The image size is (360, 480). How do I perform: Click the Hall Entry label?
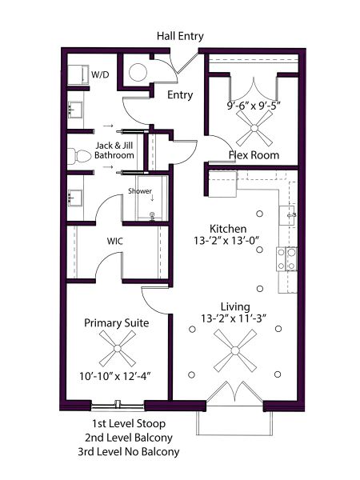pyautogui.click(x=180, y=36)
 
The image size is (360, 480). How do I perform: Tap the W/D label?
pyautogui.click(x=100, y=74)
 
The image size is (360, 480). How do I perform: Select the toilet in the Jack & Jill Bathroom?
pyautogui.click(x=79, y=156)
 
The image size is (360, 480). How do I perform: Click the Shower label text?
pyautogui.click(x=140, y=191)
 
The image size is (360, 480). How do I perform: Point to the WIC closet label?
pyautogui.click(x=114, y=241)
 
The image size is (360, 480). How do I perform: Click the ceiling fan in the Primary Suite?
pyautogui.click(x=118, y=348)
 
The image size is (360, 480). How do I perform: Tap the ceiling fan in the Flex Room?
pyautogui.click(x=254, y=128)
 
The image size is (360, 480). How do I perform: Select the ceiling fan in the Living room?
pyautogui.click(x=235, y=350)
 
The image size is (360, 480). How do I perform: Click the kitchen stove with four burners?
pyautogui.click(x=286, y=259)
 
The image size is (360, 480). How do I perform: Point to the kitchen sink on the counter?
pyautogui.click(x=288, y=215)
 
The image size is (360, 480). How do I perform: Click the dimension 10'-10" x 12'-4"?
pyautogui.click(x=115, y=376)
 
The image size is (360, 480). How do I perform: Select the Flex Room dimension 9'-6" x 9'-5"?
pyautogui.click(x=254, y=106)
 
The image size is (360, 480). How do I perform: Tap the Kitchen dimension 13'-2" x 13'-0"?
pyautogui.click(x=226, y=241)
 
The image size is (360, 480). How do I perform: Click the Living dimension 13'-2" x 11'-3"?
pyautogui.click(x=233, y=318)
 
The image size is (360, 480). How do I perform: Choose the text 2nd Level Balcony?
pyautogui.click(x=129, y=438)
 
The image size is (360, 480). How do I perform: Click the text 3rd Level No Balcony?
pyautogui.click(x=129, y=452)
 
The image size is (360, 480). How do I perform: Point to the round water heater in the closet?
pyautogui.click(x=138, y=73)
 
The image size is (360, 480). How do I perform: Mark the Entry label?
pyautogui.click(x=180, y=95)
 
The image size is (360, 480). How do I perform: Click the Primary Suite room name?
pyautogui.click(x=117, y=323)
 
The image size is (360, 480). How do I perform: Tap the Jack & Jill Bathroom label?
pyautogui.click(x=114, y=150)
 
